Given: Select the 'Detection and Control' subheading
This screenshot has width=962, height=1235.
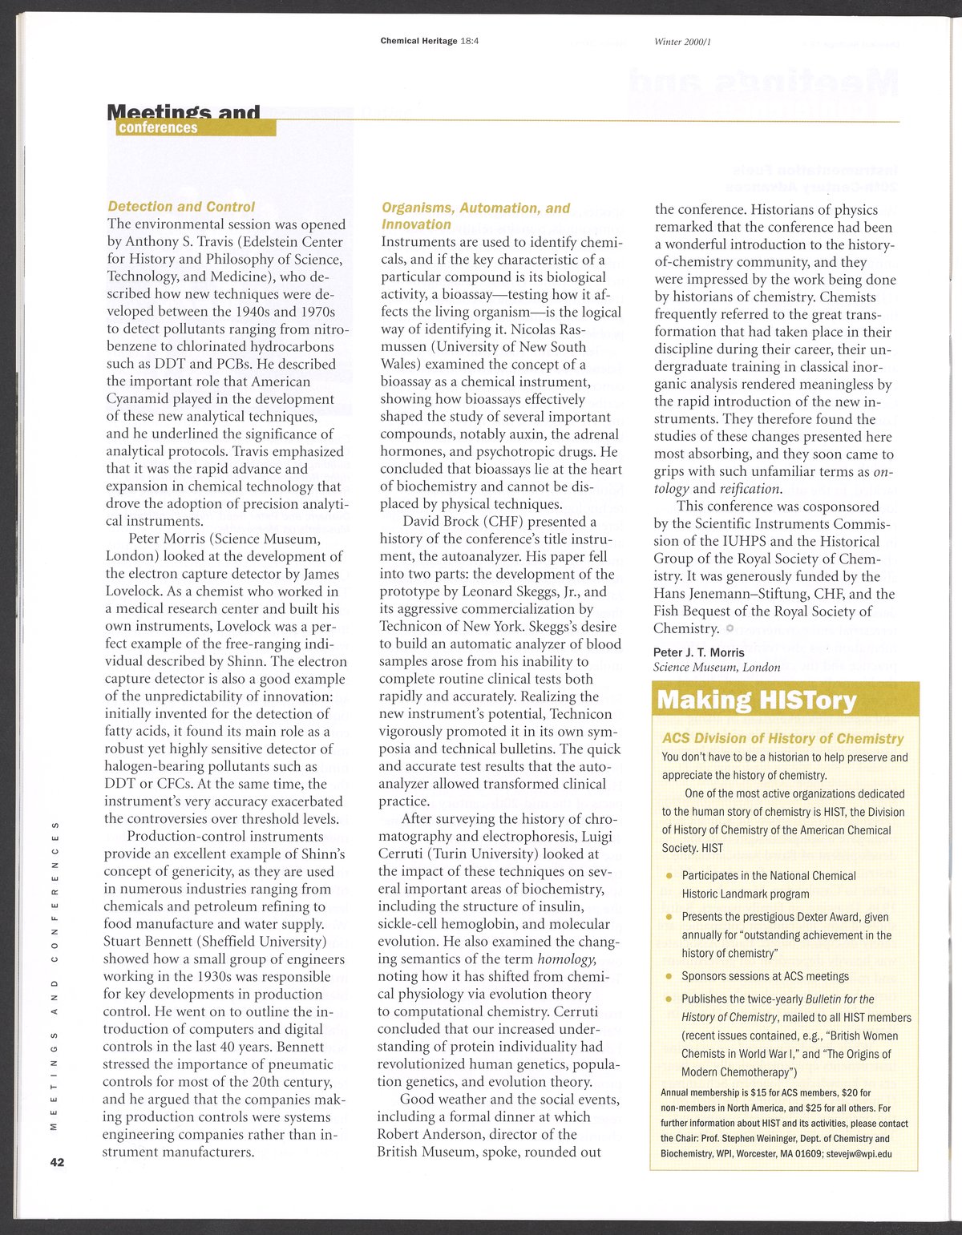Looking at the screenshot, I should [181, 206].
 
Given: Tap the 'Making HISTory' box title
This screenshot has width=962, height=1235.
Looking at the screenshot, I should [756, 700].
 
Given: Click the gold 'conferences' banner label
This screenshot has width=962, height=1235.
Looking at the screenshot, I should [158, 128].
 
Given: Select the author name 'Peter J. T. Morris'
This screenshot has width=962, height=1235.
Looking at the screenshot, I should [699, 652].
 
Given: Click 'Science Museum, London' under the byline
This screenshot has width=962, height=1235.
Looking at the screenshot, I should [717, 667].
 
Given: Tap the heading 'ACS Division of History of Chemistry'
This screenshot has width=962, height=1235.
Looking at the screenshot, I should [782, 738].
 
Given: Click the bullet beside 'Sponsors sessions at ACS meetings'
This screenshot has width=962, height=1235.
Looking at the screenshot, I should [669, 976].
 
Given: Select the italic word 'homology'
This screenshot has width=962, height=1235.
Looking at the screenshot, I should [567, 959].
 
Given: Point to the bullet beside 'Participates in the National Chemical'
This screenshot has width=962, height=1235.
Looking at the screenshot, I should [669, 876].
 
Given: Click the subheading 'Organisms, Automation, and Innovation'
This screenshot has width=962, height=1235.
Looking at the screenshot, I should [475, 216].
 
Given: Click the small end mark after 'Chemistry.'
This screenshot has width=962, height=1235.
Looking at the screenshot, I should [730, 628].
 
